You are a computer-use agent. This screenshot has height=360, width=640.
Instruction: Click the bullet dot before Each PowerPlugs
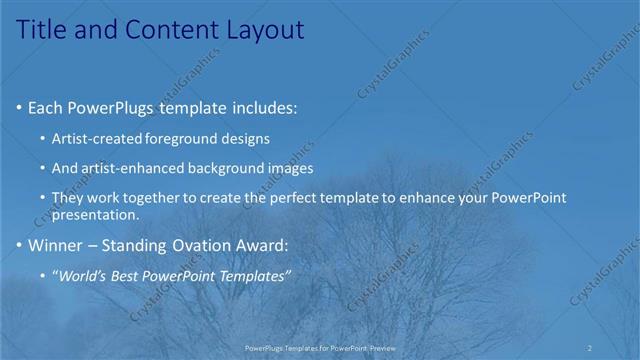pyautogui.click(x=21, y=108)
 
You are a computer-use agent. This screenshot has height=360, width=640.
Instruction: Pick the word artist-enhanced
pyautogui.click(x=130, y=168)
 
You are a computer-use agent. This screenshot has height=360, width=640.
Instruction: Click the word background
pyautogui.click(x=233, y=168)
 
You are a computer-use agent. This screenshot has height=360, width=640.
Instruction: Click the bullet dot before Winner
pyautogui.click(x=21, y=245)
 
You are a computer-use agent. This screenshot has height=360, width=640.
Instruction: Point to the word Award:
pyautogui.click(x=257, y=245)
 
